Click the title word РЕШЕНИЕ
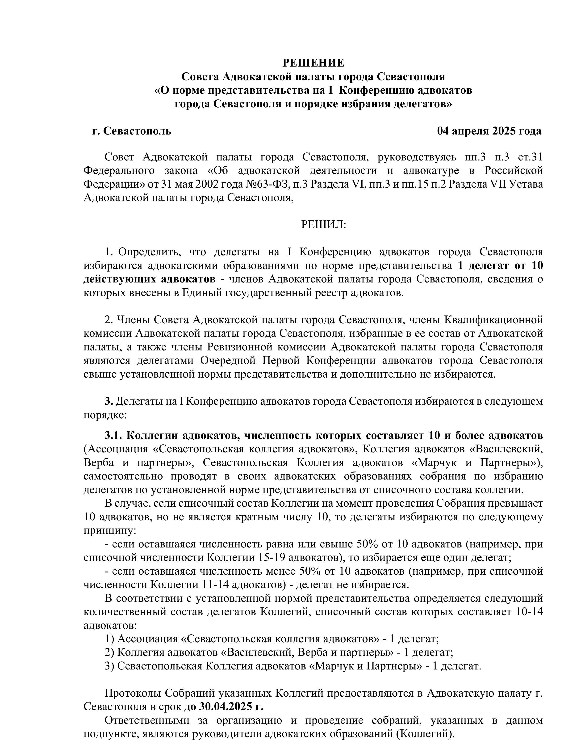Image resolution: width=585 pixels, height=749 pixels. [313, 63]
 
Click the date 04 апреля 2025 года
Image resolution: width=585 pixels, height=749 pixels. [489, 131]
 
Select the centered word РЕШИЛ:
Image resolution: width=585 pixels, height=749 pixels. [323, 225]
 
